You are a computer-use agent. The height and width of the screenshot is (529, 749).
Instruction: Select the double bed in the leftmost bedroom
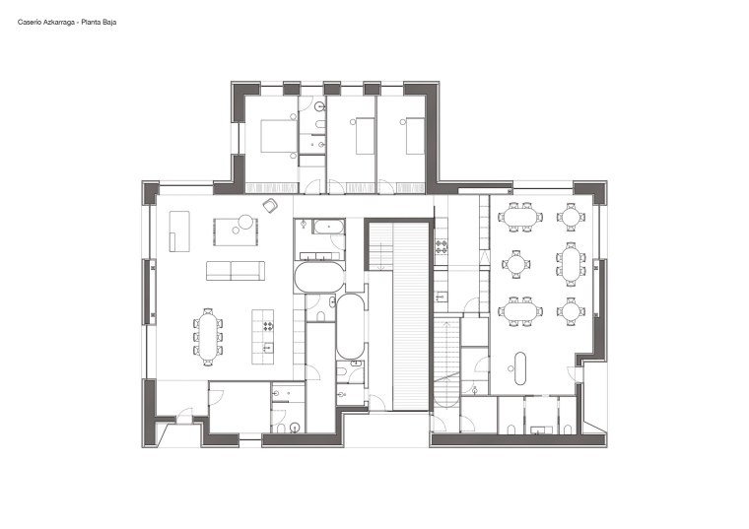(x=278, y=136)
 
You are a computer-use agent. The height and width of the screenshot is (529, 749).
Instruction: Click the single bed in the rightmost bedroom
(x=415, y=136)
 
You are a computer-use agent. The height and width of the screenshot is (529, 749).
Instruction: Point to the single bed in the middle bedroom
(x=365, y=136)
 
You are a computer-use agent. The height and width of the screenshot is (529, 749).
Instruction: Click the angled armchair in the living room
(x=270, y=205)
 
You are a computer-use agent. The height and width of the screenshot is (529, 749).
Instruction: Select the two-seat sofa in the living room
(x=235, y=270)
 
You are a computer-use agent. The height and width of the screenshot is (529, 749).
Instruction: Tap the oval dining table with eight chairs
(x=208, y=337)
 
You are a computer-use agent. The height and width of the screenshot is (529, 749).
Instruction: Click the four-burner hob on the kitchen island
(x=268, y=327)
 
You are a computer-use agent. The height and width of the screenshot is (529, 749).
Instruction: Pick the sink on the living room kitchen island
(x=268, y=348)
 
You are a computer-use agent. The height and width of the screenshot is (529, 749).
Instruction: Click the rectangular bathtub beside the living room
(x=328, y=227)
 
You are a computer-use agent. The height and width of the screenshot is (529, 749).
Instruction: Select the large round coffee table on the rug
(x=245, y=222)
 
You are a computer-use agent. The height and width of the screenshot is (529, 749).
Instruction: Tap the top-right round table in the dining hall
(x=571, y=217)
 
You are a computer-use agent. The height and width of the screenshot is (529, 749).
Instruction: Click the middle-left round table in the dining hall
(x=515, y=264)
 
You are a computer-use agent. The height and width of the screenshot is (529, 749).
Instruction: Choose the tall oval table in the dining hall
(x=571, y=264)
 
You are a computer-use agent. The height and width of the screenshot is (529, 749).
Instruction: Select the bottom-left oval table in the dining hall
(x=520, y=311)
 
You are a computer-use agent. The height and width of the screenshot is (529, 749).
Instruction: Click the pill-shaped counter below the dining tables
(x=520, y=368)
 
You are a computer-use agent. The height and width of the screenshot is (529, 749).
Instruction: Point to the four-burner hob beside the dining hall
(x=441, y=247)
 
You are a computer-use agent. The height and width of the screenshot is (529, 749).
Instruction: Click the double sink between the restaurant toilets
(x=541, y=430)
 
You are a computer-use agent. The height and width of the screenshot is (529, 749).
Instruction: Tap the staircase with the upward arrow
(x=446, y=364)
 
